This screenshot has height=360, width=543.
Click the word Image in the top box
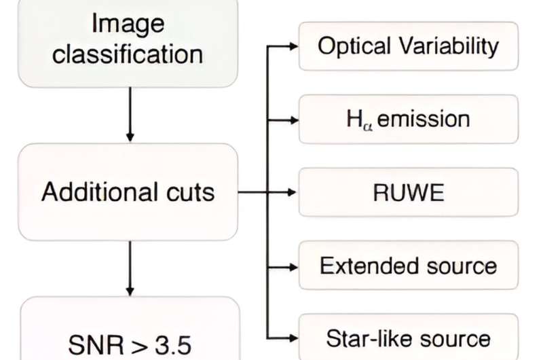coord(128,24)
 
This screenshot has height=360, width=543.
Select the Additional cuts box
coord(128,192)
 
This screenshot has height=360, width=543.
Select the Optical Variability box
coord(409,46)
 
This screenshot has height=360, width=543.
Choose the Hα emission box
coord(409,120)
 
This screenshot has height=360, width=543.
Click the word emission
coord(424,119)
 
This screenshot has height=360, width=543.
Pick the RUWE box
coord(409,193)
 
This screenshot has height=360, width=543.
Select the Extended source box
coord(409,266)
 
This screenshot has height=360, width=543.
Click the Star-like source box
coord(409,337)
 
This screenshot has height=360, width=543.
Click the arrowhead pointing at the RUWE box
coord(293,193)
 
